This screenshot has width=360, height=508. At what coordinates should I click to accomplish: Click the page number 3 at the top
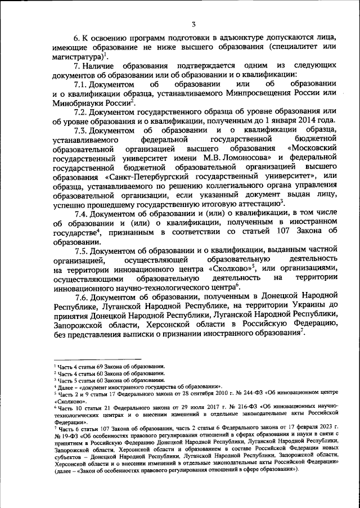193,24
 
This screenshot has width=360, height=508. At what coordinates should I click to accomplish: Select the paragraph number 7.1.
84,83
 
